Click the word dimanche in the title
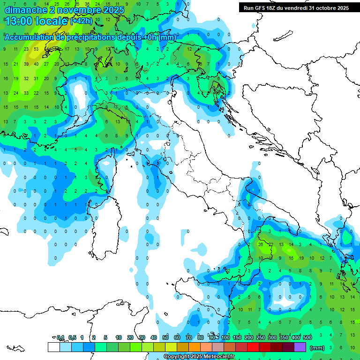pyautogui.click(x=26, y=9)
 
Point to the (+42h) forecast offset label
pyautogui.click(x=81, y=21)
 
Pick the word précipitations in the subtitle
pyautogui.click(x=92, y=37)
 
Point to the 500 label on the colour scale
pyautogui.click(x=307, y=337)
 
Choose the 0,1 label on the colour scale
pyautogui.click(x=60, y=337)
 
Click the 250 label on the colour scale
pyautogui.click(x=261, y=337)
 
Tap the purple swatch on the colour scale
pyautogui.click(x=300, y=347)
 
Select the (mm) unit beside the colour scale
pyautogui.click(x=317, y=348)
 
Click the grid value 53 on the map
pyautogui.click(x=36, y=49)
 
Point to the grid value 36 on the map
pyautogui.click(x=87, y=4)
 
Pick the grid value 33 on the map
pyautogui.click(x=26, y=93)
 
